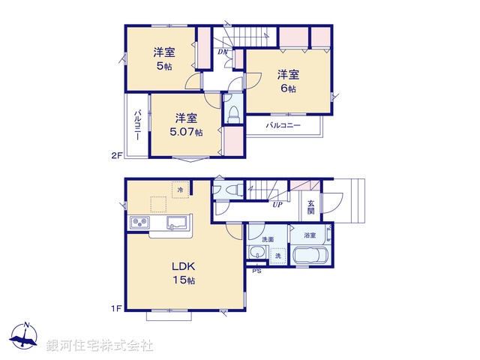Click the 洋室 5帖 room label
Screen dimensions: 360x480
pos(164,58)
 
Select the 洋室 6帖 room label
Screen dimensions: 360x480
pos(289,81)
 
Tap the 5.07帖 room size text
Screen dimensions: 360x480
pos(187,133)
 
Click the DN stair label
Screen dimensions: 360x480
pos(223,52)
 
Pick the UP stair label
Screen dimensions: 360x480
pos(277,204)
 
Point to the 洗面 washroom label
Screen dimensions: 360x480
pos(268,239)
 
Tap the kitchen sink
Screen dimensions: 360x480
pos(178,222)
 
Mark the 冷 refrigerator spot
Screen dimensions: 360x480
pos(180,190)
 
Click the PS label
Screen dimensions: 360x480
pos(255,271)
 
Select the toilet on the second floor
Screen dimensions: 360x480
pos(232,113)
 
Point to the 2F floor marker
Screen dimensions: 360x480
pos(116,156)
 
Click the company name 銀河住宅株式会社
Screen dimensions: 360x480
pos(99,346)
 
